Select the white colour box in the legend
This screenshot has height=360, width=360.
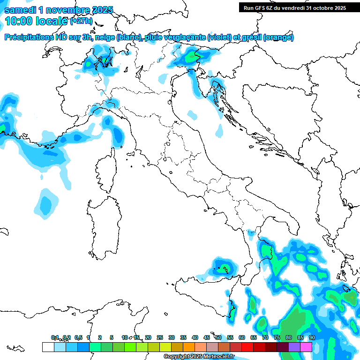tap(48, 347)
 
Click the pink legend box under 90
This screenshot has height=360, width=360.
tap(307, 347)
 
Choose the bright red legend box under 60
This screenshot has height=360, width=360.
tap(247, 347)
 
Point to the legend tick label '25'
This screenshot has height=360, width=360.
tap(160, 337)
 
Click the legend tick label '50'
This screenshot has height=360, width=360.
tap(218, 337)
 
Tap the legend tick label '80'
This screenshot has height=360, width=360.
tap(289, 337)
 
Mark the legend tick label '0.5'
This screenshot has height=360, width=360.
tap(78, 337)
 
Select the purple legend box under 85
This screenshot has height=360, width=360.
tap(295, 347)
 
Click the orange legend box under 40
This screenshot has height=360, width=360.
tap(189, 347)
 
